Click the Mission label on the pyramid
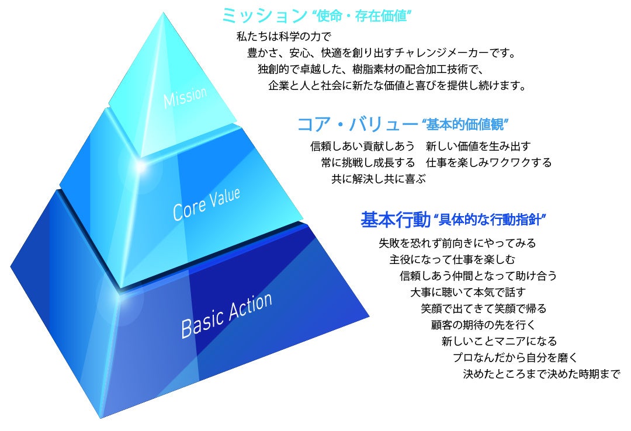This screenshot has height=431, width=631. click(185, 98)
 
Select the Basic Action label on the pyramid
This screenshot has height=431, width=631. click(226, 315)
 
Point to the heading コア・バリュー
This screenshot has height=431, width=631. click(356, 124)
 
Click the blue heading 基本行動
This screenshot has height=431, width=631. click(395, 220)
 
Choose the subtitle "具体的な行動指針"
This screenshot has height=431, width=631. click(491, 221)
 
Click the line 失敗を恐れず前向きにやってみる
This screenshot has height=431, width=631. click(457, 242)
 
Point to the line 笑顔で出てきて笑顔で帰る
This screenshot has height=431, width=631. click(483, 308)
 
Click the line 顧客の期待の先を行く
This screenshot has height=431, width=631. click(483, 324)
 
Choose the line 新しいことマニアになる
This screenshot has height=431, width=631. click(499, 340)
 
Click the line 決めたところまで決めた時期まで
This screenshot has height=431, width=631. click(541, 373)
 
